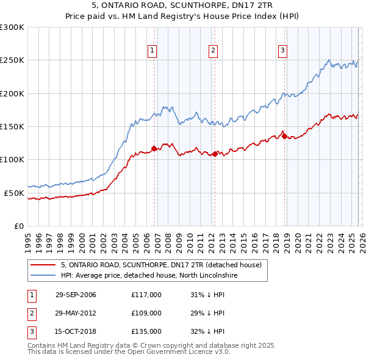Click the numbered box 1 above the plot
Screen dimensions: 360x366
click(152, 51)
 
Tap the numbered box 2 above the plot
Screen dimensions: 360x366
click(213, 51)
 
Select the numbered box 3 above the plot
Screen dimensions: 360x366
click(283, 51)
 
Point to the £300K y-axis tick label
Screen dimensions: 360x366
click(12, 27)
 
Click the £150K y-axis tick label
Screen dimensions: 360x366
click(12, 126)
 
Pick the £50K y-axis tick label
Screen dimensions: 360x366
click(13, 193)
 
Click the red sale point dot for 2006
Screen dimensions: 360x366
click(154, 148)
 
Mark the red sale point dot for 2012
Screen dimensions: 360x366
click(215, 154)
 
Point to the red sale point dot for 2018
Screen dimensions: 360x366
click(284, 137)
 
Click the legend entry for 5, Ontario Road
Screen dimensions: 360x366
click(161, 265)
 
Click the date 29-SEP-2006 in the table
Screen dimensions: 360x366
click(76, 294)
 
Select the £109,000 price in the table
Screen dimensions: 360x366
click(146, 313)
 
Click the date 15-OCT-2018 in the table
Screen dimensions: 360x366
click(76, 332)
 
